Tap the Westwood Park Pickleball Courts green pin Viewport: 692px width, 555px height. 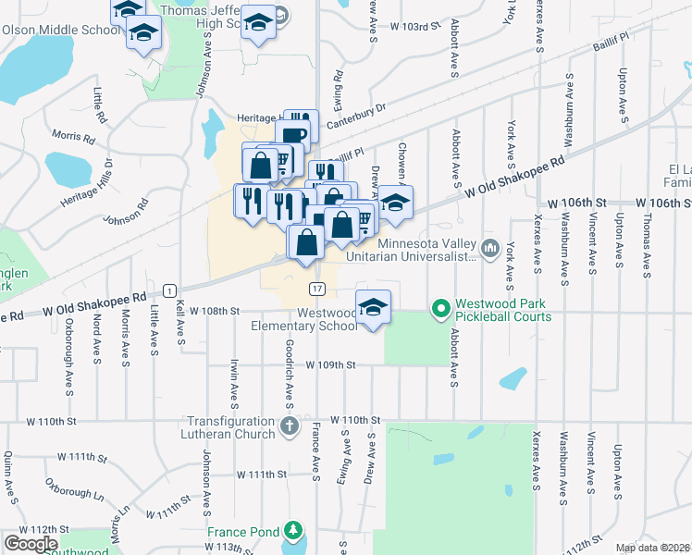tap(440, 308)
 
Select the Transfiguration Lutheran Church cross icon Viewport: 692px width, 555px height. tap(290, 427)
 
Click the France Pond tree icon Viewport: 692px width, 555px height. tap(293, 530)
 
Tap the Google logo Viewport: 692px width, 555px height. tap(31, 543)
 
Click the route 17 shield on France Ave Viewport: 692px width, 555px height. tap(316, 289)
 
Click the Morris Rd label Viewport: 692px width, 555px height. tap(74, 137)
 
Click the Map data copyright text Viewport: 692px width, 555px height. tap(652, 548)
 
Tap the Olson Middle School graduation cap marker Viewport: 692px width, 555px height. tap(142, 35)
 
